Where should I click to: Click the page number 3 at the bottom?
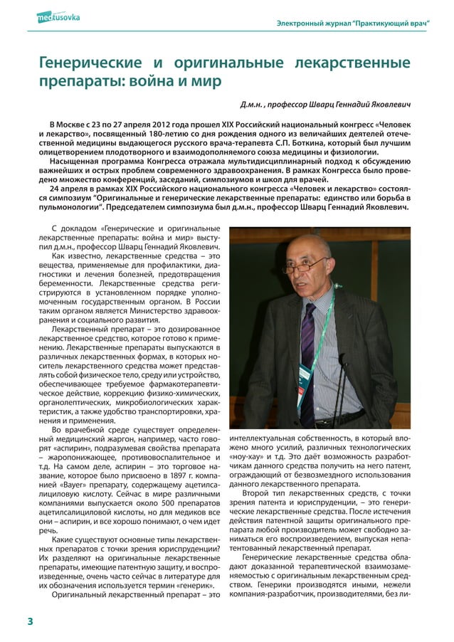pos(30,621)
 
